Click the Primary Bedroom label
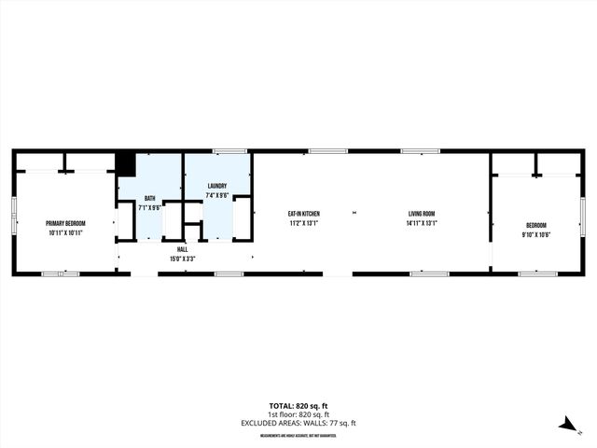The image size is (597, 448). point(65,224)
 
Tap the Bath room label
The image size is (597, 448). point(149,199)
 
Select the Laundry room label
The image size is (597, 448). point(217,187)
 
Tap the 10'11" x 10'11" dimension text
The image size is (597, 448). point(65,232)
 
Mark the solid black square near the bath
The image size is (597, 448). point(125,163)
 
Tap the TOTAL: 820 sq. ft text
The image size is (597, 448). point(298,406)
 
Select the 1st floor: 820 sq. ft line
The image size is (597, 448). point(298,414)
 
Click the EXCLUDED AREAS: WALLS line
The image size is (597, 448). point(298,423)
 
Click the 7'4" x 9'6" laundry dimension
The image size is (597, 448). point(217,195)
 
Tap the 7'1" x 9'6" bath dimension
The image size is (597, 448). point(149,207)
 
